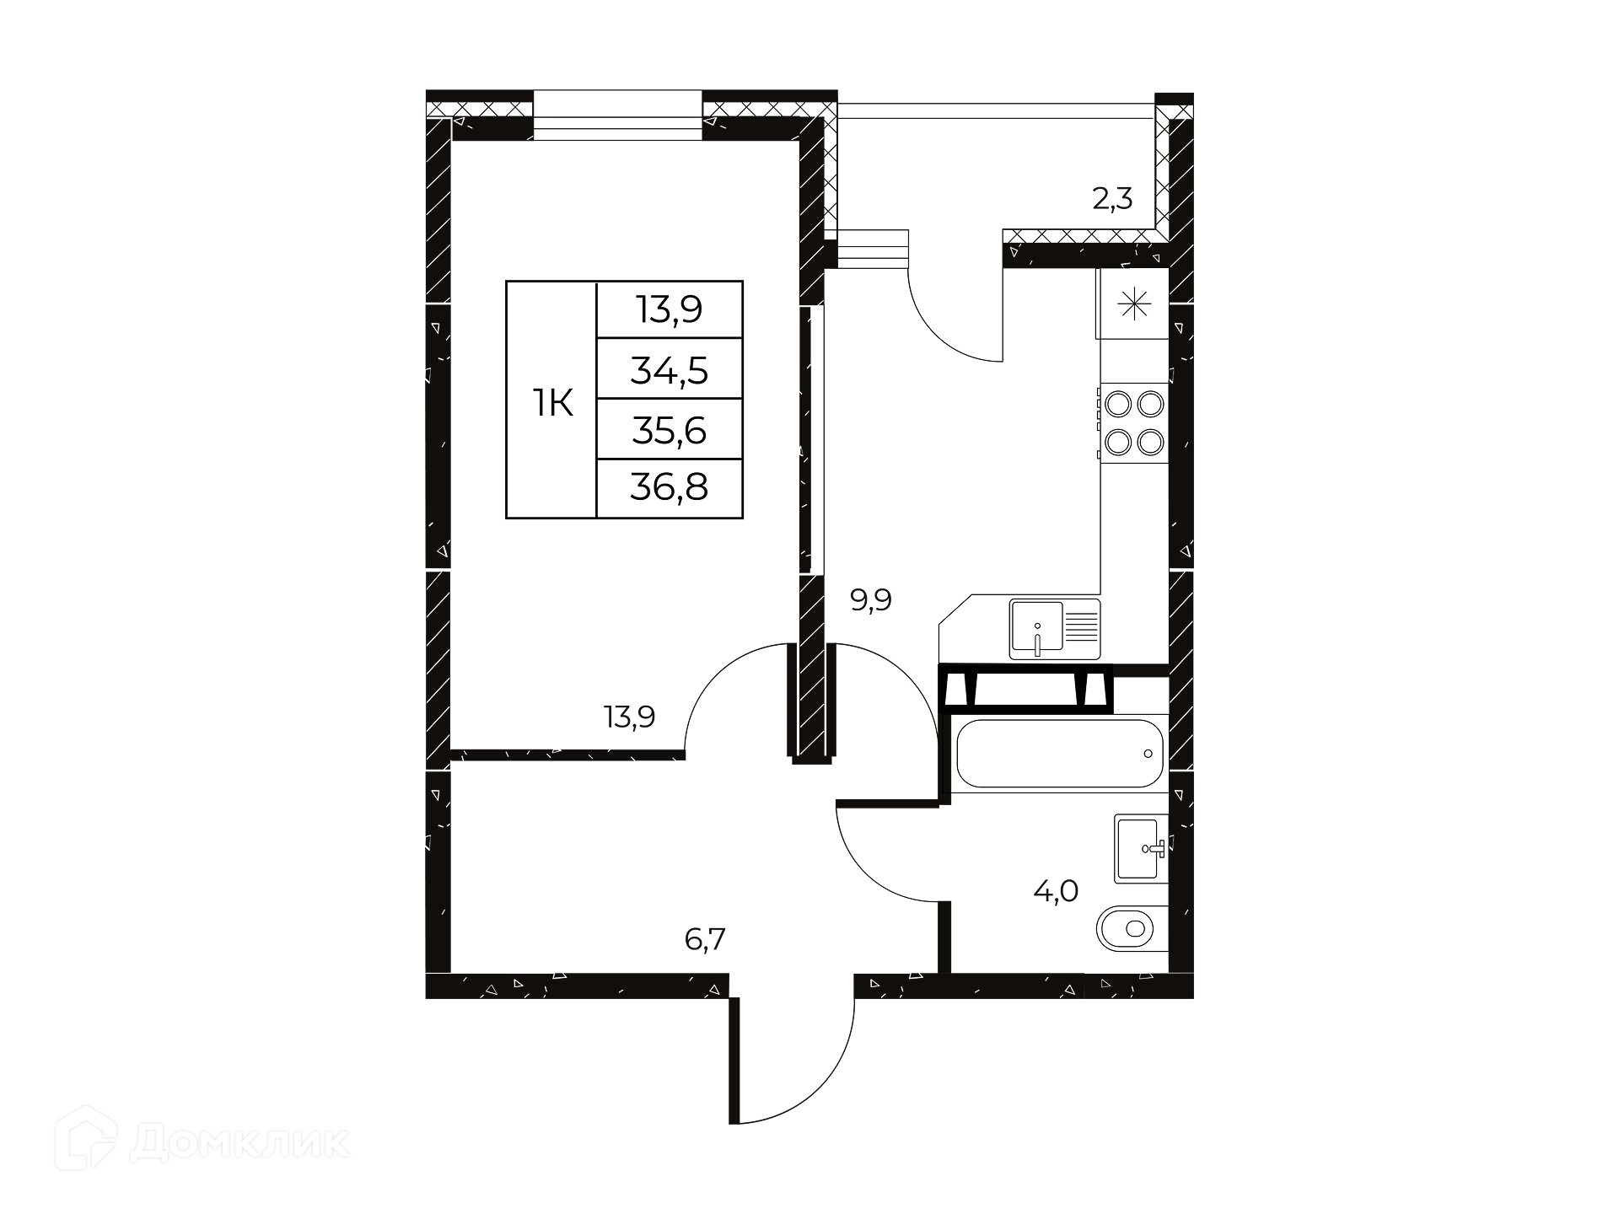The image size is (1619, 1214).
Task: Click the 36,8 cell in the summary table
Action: click(x=670, y=487)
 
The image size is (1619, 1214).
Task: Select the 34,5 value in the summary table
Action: click(x=670, y=369)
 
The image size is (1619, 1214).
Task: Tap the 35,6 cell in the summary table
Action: click(x=670, y=430)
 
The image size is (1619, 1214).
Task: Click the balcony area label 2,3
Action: click(x=1112, y=200)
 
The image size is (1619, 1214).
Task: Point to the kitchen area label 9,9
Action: click(x=871, y=601)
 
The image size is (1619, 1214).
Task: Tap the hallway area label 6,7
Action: click(x=705, y=938)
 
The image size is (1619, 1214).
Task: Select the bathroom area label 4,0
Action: click(x=1057, y=890)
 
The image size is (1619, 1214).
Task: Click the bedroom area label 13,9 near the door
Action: click(x=629, y=717)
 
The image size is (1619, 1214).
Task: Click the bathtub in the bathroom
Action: click(x=1060, y=753)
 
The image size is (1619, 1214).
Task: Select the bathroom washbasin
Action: click(x=1142, y=848)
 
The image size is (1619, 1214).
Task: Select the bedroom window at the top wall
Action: click(x=617, y=115)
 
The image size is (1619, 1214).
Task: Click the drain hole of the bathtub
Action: click(x=1148, y=754)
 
